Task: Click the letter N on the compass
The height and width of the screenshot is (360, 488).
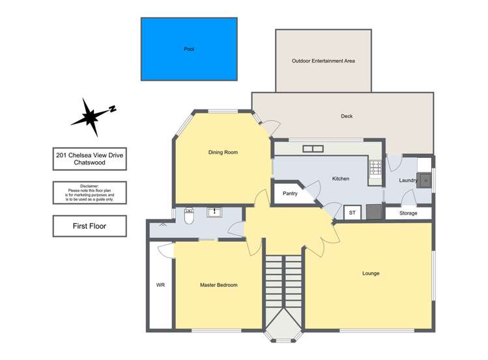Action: (x=112, y=109)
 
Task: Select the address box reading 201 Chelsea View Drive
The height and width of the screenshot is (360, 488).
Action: (x=89, y=158)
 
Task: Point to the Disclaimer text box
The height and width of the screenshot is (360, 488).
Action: (x=89, y=192)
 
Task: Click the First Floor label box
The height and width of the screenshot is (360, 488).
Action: (x=89, y=226)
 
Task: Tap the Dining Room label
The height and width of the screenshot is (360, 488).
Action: (x=223, y=153)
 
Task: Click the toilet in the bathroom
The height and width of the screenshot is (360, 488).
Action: (x=189, y=215)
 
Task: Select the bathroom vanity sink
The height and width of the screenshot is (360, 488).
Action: (x=214, y=213)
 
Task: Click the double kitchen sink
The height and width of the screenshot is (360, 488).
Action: (x=313, y=149)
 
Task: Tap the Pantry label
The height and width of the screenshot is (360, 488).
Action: (x=290, y=194)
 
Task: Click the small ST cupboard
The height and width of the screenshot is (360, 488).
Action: (x=352, y=213)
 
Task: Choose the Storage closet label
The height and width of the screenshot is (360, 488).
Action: (x=409, y=213)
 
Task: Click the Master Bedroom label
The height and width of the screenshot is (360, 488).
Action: (x=218, y=285)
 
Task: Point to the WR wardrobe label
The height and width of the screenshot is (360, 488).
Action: (x=160, y=285)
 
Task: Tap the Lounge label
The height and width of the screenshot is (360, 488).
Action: (x=371, y=273)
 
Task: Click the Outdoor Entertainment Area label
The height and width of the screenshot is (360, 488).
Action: (x=323, y=61)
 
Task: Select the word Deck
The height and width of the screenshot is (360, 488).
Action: (x=347, y=117)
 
